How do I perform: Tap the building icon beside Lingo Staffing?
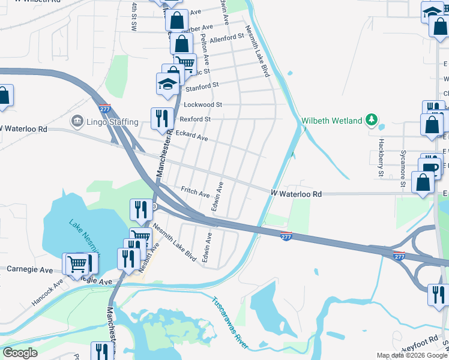[x=77, y=121]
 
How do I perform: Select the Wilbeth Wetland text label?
[x=331, y=121]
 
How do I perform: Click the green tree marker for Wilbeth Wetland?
[x=372, y=120]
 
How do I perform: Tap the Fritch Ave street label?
[x=195, y=193]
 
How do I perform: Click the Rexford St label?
[x=195, y=119]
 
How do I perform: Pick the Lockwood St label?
[x=203, y=104]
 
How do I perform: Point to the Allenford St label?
[x=227, y=37]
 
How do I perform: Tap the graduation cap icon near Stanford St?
[x=167, y=84]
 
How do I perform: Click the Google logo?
[x=20, y=353]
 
